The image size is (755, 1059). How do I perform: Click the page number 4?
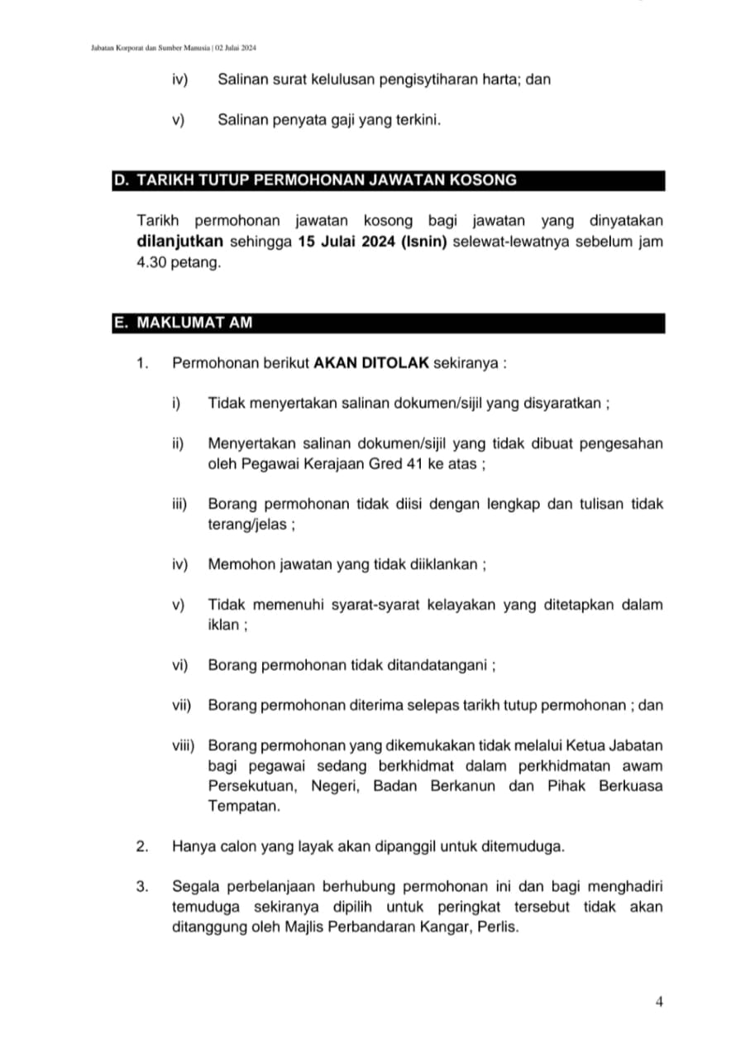pos(659,1002)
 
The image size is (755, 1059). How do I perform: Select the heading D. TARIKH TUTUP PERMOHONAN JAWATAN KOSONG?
pos(315,180)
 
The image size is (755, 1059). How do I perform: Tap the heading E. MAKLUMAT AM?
pos(183,323)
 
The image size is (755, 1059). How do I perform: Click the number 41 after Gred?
pos(415,464)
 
